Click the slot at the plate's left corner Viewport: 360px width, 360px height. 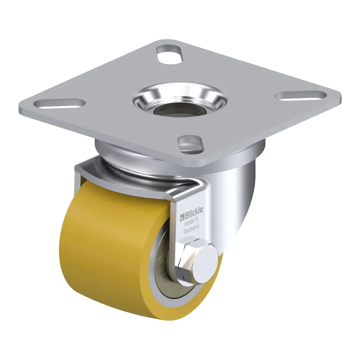point(59,103)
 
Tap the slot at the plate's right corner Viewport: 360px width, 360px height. point(301,96)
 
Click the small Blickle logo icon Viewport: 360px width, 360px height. point(182,218)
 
